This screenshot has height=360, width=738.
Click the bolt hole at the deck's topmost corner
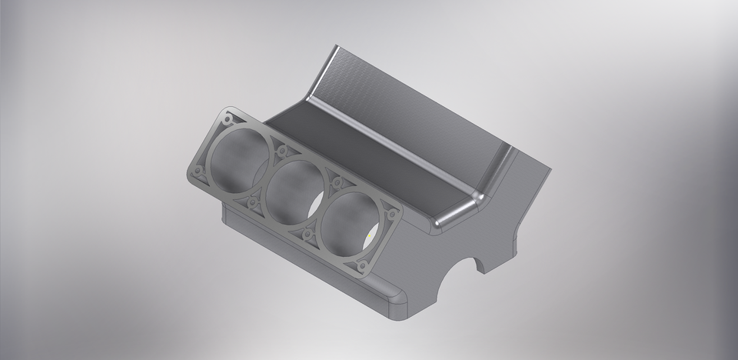tap(228, 121)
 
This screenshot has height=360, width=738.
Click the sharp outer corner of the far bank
tap(550, 168)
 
